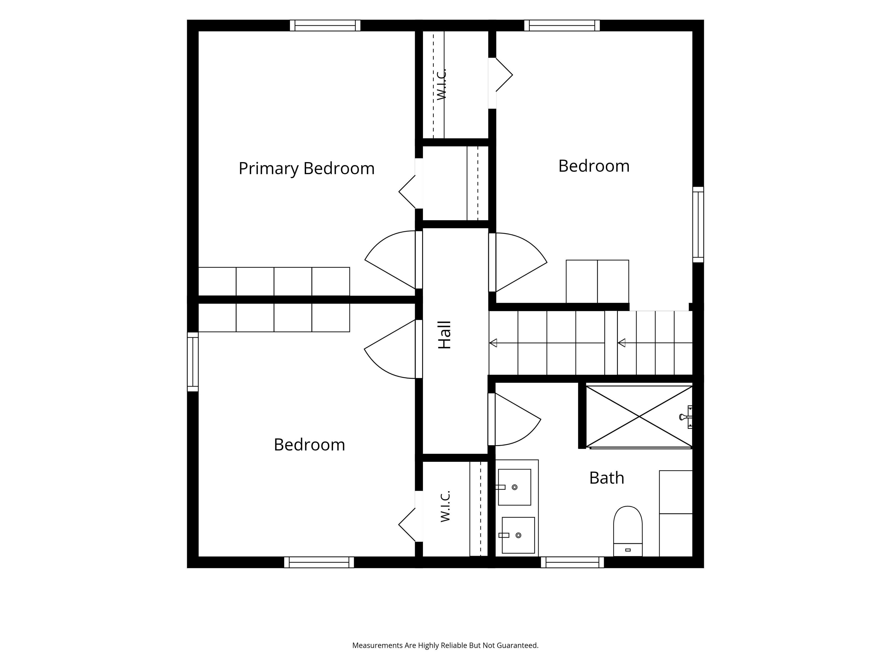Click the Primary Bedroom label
tap(307, 168)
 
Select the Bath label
tap(607, 478)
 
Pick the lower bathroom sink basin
tap(518, 535)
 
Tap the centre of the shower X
tap(639, 417)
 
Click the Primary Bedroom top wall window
tap(325, 25)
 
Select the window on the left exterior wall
tap(193, 362)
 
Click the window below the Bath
tap(572, 562)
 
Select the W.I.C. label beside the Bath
tap(445, 506)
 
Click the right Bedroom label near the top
tap(594, 166)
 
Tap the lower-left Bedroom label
tap(309, 445)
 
